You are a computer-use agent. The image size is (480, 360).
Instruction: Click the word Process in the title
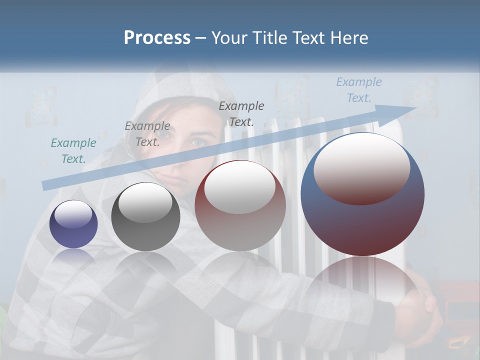click(x=157, y=37)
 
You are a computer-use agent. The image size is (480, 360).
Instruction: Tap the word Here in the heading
click(x=348, y=37)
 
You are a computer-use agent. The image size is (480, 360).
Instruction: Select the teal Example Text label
click(x=73, y=151)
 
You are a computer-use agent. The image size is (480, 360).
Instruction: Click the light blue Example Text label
click(x=358, y=90)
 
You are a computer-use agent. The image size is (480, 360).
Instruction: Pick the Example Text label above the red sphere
click(x=241, y=113)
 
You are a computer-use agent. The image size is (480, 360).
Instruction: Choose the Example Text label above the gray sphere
click(x=147, y=134)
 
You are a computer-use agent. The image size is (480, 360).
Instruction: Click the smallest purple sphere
click(x=73, y=224)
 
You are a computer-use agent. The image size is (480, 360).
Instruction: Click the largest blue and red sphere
click(x=362, y=194)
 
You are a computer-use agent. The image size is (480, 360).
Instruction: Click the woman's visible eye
click(x=197, y=142)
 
